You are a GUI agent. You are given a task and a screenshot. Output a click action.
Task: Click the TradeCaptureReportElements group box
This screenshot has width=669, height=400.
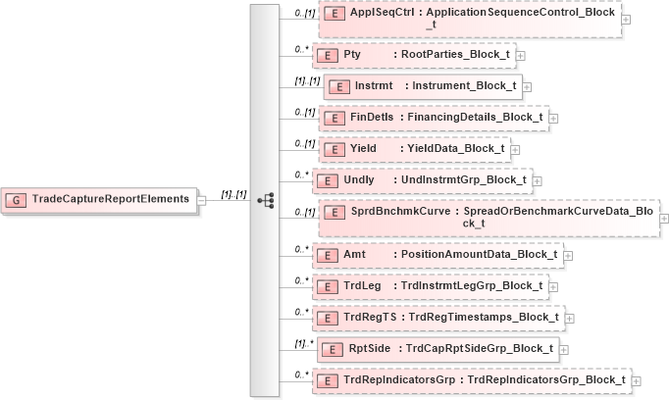(98, 199)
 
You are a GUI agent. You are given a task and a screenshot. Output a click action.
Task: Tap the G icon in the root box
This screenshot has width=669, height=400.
(17, 199)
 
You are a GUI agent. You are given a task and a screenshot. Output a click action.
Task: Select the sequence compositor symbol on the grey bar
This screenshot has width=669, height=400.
(265, 199)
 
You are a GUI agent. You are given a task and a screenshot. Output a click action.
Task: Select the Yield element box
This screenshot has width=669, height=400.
(413, 149)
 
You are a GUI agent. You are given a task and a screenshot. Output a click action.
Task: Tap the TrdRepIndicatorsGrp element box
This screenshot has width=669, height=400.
(472, 379)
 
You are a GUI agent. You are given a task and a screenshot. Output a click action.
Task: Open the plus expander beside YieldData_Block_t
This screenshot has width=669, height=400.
(516, 150)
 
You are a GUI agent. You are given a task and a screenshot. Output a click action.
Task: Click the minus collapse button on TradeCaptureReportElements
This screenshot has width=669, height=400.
(202, 199)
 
